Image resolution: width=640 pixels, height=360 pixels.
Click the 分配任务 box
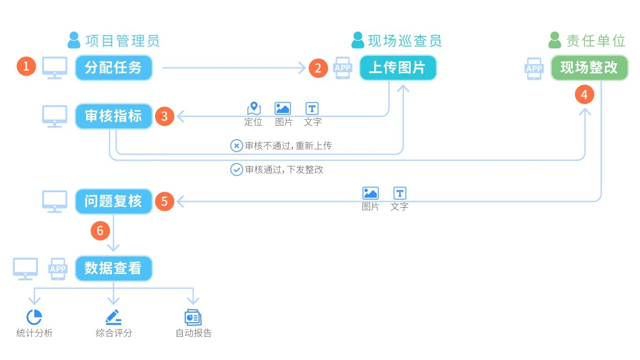point(114,68)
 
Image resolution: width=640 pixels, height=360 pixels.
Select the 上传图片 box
point(397,68)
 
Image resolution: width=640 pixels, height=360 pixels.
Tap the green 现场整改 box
point(589,68)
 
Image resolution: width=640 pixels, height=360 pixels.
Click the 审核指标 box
point(114,116)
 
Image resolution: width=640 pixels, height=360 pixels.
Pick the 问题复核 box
point(114,202)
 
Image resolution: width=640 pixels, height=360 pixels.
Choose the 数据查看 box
point(114,268)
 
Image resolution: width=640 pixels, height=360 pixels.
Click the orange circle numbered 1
point(26,67)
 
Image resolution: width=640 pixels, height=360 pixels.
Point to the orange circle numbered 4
point(584,95)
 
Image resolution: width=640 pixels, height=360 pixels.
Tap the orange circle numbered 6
point(100,231)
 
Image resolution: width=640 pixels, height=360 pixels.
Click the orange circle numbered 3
point(164,116)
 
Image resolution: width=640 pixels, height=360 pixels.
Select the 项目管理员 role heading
point(122,41)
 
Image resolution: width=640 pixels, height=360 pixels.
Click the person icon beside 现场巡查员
point(358,40)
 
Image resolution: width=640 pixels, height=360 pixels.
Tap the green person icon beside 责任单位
point(555,40)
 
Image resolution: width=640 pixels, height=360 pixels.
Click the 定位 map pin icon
point(254,109)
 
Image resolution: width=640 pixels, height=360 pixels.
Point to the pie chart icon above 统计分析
point(34,317)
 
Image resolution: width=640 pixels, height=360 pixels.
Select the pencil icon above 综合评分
point(113,317)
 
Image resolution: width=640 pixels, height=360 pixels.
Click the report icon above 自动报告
point(193,317)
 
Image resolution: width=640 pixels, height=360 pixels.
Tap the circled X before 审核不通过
point(237,146)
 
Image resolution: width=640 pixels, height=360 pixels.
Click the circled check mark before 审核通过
point(237,170)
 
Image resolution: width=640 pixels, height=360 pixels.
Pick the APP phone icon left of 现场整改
point(534,68)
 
